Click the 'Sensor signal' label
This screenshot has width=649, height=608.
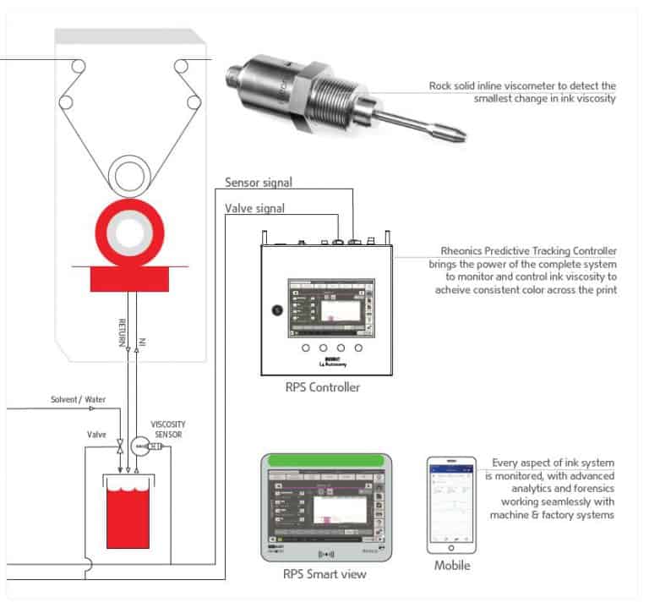tap(260, 182)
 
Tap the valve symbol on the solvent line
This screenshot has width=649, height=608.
tap(120, 444)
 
